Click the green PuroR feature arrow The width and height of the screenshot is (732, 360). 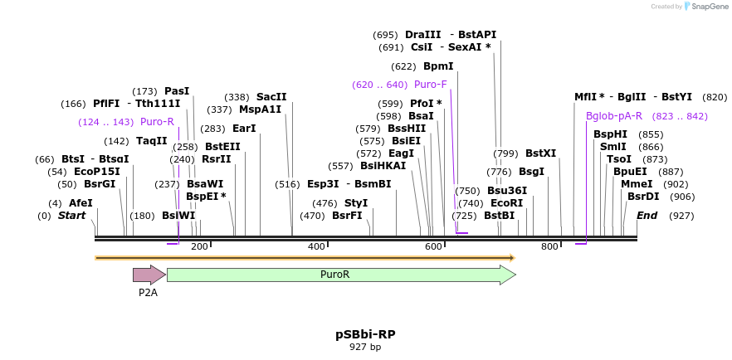coord(340,275)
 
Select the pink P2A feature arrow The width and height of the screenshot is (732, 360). coord(148,275)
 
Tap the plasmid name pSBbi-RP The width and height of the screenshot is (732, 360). coord(365,334)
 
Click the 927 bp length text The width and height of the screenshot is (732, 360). coord(365,347)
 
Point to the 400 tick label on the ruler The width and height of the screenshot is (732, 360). coord(316,246)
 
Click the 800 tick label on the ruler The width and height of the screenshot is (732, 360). coord(549,246)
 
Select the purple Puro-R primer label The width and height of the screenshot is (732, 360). coord(157,122)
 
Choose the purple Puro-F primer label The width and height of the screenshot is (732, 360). coord(430,85)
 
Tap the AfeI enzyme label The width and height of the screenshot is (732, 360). coord(81,202)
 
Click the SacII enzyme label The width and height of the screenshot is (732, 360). coord(271,97)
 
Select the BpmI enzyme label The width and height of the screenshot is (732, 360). coord(438,66)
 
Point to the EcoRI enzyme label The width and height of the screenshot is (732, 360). coord(507,202)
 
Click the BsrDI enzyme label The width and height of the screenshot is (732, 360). coord(643,197)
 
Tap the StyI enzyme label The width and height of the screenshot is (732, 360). coord(356,202)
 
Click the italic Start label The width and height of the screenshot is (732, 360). coord(71,216)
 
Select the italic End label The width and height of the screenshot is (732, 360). coord(647,216)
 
